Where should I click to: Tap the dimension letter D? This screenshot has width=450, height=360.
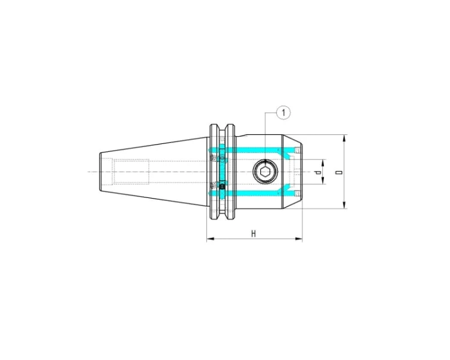coord(339,172)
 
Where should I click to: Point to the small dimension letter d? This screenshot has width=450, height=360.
coord(318,172)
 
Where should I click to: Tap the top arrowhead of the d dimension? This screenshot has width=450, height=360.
coord(323,162)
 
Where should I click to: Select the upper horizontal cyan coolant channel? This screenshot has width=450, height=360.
coord(252,149)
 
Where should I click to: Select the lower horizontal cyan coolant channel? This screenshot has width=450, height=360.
coord(252,193)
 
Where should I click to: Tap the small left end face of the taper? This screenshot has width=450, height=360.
coord(100,172)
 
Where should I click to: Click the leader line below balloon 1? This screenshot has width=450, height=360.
coord(265,138)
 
